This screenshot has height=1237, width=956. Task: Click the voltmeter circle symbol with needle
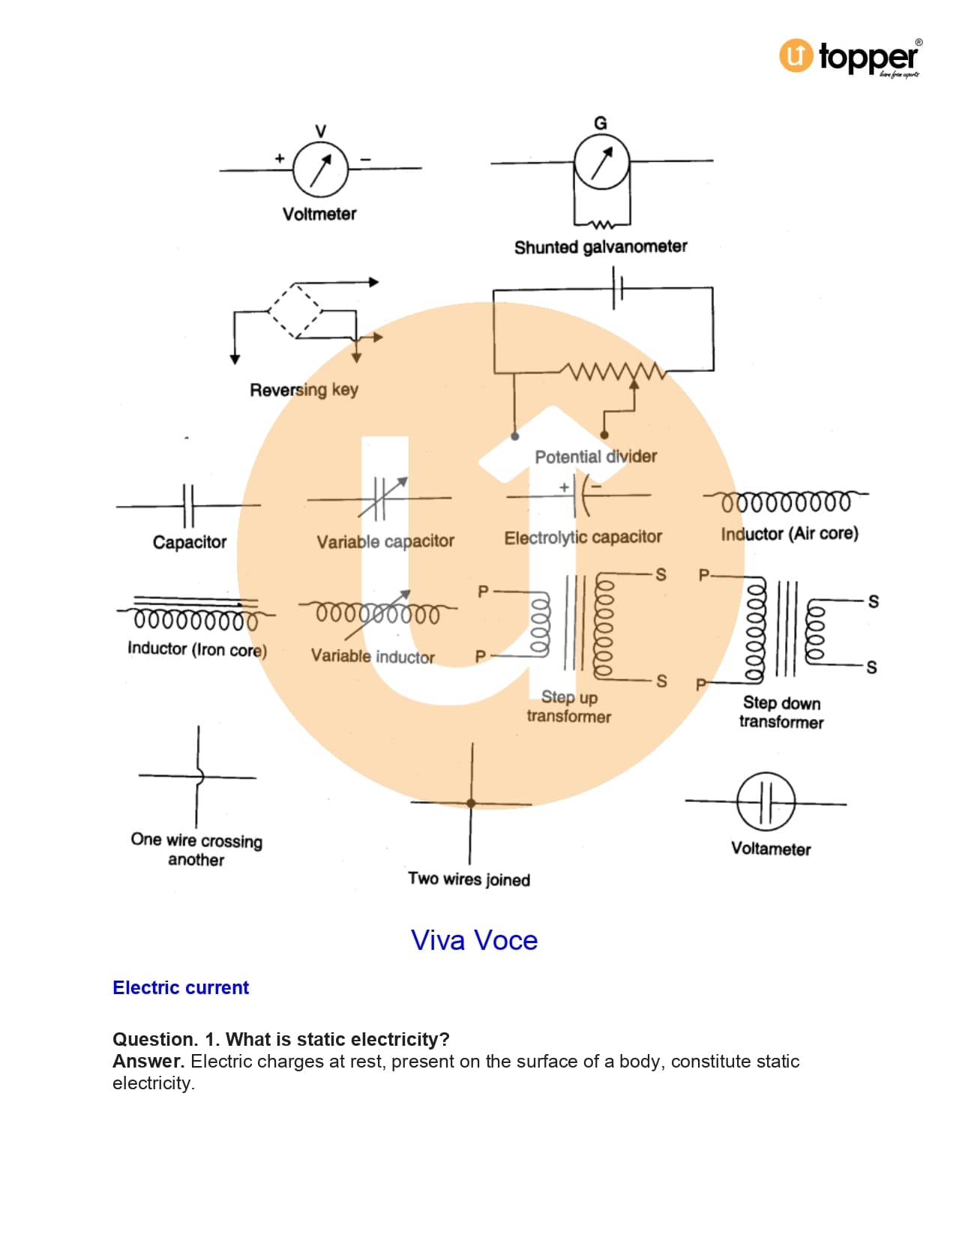click(320, 169)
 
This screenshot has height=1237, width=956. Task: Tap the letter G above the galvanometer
click(600, 123)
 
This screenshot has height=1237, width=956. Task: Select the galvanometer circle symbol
click(601, 162)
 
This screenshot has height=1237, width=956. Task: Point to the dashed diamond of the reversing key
click(295, 310)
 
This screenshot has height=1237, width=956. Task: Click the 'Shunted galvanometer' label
click(600, 247)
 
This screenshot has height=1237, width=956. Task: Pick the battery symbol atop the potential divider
click(617, 289)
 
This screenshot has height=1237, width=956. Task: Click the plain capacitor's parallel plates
click(188, 506)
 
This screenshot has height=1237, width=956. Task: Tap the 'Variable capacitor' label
click(385, 541)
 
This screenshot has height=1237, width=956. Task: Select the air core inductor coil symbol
click(786, 501)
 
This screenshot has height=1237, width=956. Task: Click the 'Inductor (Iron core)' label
click(197, 649)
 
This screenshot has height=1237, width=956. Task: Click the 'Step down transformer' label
click(781, 712)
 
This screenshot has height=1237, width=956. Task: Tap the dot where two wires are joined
click(471, 803)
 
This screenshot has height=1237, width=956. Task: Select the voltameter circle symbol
click(766, 802)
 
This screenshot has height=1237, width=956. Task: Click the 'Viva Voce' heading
click(474, 940)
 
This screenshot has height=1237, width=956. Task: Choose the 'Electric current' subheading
click(181, 987)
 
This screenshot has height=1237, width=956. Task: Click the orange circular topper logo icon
click(796, 55)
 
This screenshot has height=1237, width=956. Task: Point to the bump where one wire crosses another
click(199, 777)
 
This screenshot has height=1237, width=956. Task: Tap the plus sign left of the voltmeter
click(280, 158)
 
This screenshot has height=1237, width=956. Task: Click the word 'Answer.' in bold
click(148, 1062)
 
